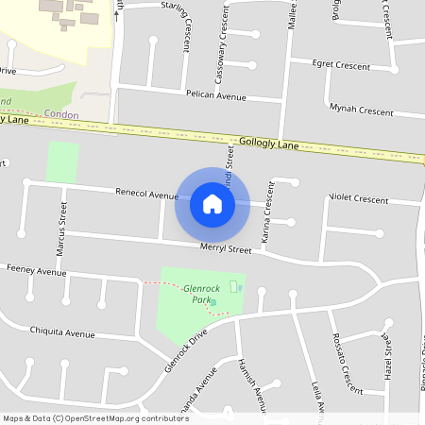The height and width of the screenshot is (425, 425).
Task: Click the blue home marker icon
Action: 212,203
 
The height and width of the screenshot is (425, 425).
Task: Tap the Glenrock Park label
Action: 200,294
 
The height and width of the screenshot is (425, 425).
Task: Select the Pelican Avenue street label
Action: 216,96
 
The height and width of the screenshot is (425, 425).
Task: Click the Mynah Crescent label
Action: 362,110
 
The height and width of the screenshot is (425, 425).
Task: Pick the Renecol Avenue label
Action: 146,194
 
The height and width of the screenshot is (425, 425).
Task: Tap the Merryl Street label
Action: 225,249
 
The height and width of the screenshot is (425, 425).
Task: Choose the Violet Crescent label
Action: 358,199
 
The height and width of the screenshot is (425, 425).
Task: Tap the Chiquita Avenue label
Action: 62,332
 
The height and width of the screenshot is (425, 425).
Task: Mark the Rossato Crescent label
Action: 347,365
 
